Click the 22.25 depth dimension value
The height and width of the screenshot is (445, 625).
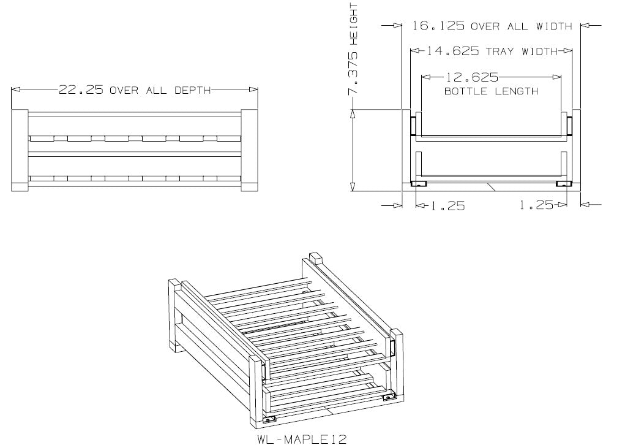[x=81, y=89]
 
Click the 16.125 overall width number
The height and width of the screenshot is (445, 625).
[x=438, y=26]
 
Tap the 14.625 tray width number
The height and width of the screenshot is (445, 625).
[x=453, y=51]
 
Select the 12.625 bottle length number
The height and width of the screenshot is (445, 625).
[x=471, y=77]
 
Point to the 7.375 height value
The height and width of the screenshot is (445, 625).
[x=353, y=73]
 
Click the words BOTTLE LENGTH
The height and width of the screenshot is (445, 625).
[x=491, y=91]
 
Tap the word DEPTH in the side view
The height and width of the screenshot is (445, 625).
[x=193, y=90]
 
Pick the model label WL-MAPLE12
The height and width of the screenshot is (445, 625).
[x=302, y=439]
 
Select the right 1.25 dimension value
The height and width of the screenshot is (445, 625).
[x=536, y=205]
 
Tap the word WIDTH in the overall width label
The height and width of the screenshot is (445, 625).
[x=554, y=26]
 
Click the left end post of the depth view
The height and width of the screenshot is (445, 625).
[x=20, y=150]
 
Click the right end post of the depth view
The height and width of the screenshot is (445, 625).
[x=250, y=150]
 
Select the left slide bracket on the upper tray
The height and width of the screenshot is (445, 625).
[x=413, y=126]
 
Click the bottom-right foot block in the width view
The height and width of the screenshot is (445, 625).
[x=564, y=184]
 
